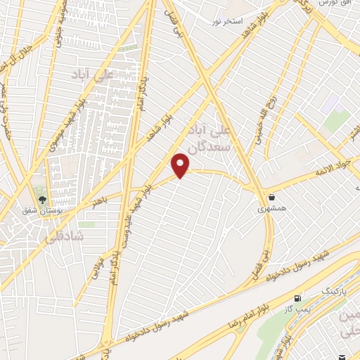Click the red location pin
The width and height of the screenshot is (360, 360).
click(x=181, y=165)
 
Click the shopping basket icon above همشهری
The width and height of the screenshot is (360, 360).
click(x=271, y=197)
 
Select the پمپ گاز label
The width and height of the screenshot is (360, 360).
click(x=288, y=308)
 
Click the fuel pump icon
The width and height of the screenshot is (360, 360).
click(x=299, y=298)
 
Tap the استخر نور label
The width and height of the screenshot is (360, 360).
click(x=227, y=22)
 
